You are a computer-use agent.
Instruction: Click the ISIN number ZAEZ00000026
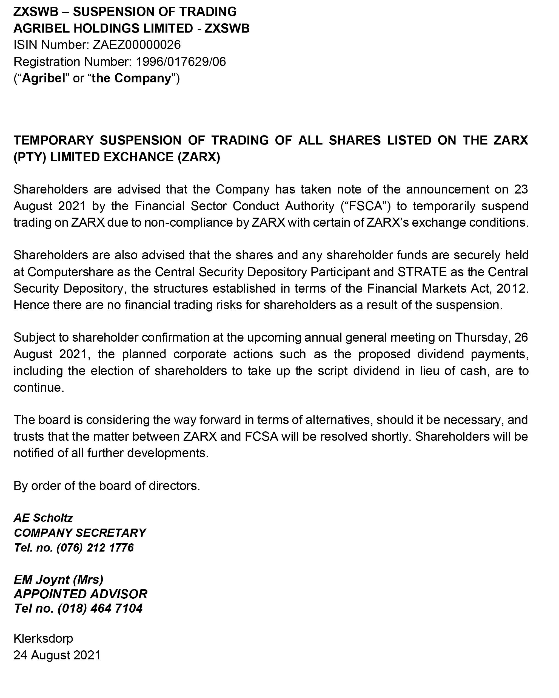coord(136,45)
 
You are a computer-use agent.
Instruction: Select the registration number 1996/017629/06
coord(181,62)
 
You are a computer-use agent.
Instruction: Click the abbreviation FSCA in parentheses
coord(366,206)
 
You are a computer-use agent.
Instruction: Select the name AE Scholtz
coord(43,518)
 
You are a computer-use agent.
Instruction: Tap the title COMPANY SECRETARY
coord(80,533)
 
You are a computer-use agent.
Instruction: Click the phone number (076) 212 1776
coord(95,548)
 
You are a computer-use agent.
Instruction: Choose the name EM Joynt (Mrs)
coord(58,579)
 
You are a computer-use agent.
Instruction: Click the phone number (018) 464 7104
coord(100,609)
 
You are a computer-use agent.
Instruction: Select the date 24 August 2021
coord(57,655)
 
